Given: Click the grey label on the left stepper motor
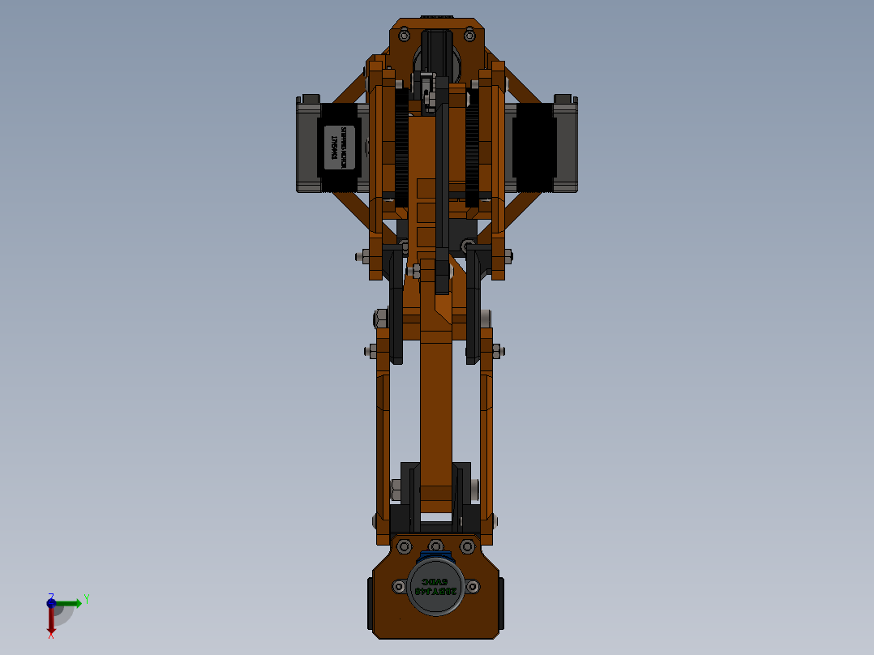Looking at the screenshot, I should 341,148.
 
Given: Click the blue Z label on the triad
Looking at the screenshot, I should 50,595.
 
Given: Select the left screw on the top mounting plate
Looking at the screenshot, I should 403,34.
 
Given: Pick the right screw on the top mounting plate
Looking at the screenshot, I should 468,34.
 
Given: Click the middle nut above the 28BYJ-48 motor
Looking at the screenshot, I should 436,546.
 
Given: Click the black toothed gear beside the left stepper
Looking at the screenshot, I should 401,146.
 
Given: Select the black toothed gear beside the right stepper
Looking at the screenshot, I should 471,146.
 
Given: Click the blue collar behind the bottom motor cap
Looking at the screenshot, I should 427,558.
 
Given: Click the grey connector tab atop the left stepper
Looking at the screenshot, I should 309,100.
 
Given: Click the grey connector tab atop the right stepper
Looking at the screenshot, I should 565,100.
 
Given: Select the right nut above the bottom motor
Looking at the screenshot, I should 468,546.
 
